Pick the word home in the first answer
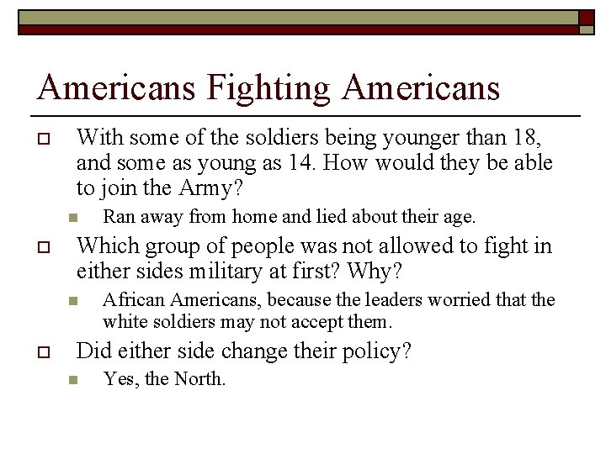click(254, 217)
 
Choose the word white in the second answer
click(123, 321)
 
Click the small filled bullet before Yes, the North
click(73, 381)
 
